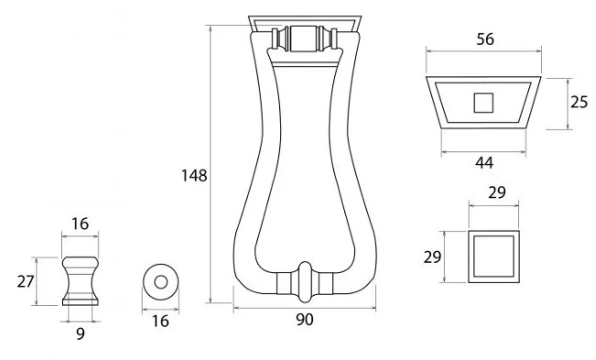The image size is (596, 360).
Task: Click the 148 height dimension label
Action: coord(195,174)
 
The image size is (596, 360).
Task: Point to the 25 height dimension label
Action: coord(578,102)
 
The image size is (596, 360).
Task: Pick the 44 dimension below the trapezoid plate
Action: coord(484,162)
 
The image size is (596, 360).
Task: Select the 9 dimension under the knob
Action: coord(81,333)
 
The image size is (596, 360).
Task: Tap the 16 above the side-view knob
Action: coord(81,222)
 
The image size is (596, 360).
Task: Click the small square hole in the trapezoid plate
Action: coord(483,103)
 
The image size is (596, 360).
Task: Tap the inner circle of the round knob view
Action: coord(161,282)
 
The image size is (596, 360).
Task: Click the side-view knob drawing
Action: coord(81,280)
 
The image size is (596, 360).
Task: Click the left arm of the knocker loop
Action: coord(246,183)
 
